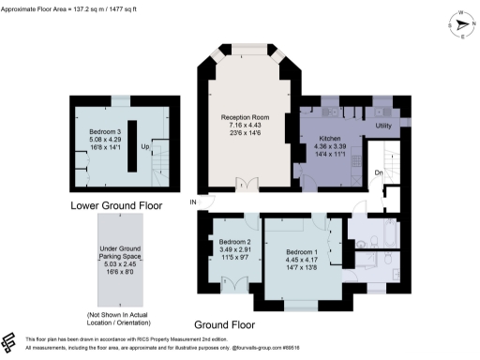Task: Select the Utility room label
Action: [x=383, y=125]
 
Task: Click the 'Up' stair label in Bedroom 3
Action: [x=143, y=147]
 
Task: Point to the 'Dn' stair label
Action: [x=378, y=172]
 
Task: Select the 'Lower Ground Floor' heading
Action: [x=116, y=204]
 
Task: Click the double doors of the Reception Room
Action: [x=246, y=184]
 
